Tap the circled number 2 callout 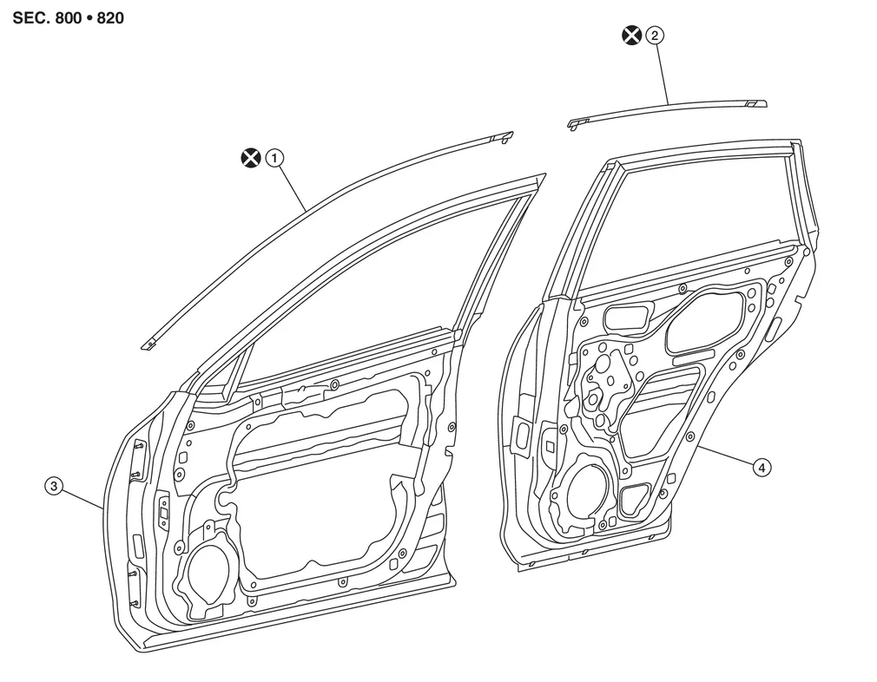click(654, 35)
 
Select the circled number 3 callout click(54, 487)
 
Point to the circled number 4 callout click(761, 468)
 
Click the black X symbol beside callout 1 click(250, 158)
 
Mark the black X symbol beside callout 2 click(631, 35)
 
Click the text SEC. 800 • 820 click(68, 17)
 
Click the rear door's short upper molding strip click(669, 108)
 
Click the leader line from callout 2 click(663, 74)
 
